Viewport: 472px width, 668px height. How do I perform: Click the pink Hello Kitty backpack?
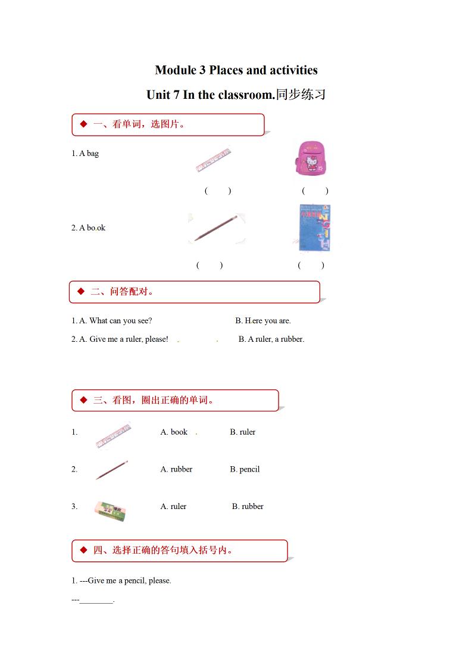[x=311, y=158]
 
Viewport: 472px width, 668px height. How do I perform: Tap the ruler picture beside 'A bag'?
[x=213, y=160]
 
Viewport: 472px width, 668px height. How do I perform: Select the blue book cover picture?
[x=314, y=228]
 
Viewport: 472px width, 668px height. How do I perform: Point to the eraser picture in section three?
[x=110, y=510]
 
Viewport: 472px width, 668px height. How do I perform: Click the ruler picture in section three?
[x=112, y=435]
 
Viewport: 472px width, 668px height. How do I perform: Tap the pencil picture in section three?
[x=112, y=470]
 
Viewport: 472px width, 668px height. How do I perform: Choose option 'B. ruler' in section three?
[x=242, y=432]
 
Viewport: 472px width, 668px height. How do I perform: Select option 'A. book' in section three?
[x=174, y=432]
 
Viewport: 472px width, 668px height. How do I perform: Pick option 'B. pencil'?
[x=245, y=469]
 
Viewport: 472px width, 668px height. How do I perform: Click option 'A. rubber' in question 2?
[x=176, y=469]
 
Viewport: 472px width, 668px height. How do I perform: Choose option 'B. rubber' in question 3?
[x=248, y=507]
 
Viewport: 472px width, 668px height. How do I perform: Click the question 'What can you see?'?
[x=120, y=321]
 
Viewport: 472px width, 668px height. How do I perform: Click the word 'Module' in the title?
[x=175, y=70]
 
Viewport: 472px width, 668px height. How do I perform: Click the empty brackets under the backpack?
[x=315, y=191]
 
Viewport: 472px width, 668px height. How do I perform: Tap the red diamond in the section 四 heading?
[x=82, y=550]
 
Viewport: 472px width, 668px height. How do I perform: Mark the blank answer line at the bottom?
[x=96, y=600]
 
